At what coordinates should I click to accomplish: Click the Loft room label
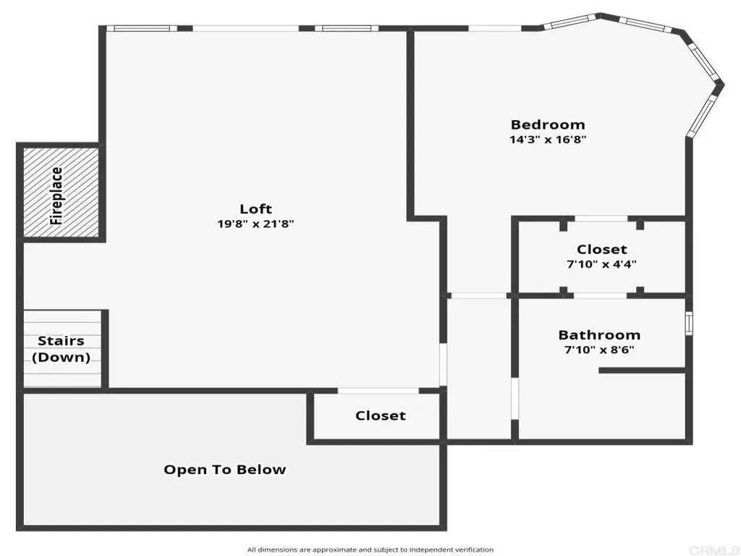coord(255,208)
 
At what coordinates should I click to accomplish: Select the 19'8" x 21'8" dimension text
coord(255,224)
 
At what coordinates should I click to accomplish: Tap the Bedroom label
coord(548,125)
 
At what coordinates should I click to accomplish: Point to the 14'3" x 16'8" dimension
coord(548,140)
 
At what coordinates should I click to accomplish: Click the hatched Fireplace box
coord(61,193)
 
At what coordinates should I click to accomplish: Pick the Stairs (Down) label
coord(61,349)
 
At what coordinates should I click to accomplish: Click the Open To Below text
coord(225,469)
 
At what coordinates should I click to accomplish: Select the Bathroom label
coord(599,335)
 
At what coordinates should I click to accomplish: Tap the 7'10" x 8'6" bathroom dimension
coord(599,350)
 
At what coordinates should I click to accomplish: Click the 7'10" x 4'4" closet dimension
coord(601,264)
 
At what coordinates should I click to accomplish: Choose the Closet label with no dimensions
coord(381,416)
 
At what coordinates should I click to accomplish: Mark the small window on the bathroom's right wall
coord(689,323)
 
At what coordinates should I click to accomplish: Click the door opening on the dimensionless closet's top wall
coord(378,390)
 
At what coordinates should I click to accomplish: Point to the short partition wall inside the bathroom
coord(642,371)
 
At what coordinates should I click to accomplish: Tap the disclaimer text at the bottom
coord(370,550)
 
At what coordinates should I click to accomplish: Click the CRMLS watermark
coord(714,550)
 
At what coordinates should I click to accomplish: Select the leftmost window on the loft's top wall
coord(142,28)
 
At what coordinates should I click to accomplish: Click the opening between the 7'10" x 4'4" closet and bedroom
coord(601,219)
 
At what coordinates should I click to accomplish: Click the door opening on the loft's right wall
coord(443,365)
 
